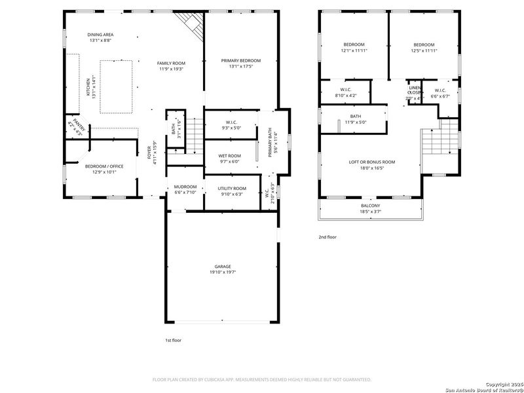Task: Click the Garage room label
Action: (223, 267)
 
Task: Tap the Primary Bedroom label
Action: (240, 60)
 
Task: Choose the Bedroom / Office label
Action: (105, 166)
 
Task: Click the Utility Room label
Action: (232, 188)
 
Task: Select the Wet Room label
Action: (229, 156)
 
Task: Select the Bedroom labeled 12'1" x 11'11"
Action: (353, 45)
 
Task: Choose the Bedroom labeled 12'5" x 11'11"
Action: (422, 45)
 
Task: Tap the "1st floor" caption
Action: (173, 341)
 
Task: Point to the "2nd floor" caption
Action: (327, 237)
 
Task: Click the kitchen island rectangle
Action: (117, 79)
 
